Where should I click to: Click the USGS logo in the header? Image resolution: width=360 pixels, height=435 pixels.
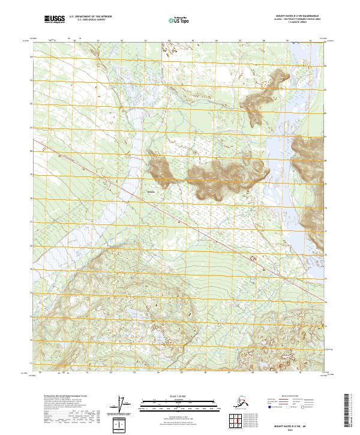(55, 20)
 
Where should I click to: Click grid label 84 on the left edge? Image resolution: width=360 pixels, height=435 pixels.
(32, 57)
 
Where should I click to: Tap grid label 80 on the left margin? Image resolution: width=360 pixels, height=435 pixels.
(32, 151)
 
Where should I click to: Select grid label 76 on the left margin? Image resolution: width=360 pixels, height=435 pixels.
(32, 245)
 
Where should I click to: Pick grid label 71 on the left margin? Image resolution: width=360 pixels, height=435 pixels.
(32, 363)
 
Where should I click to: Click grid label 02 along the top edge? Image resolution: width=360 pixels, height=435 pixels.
(122, 41)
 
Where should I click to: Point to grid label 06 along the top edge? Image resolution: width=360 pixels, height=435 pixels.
(217, 41)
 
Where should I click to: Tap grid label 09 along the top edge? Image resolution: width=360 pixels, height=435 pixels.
(287, 41)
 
